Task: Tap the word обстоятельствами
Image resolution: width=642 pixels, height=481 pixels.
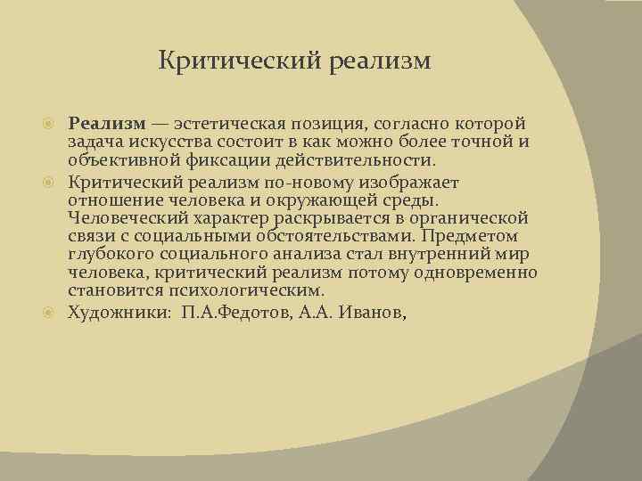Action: (x=326, y=236)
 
